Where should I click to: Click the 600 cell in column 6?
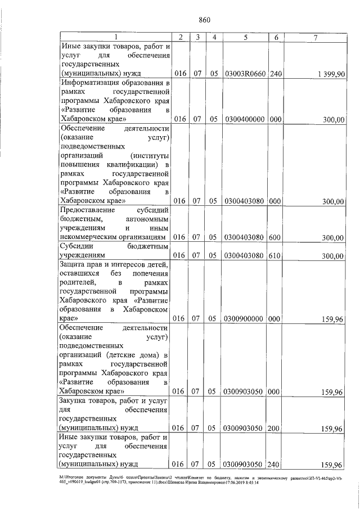pos(275,238)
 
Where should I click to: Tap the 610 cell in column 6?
pos(275,256)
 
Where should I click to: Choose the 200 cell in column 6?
pos(275,429)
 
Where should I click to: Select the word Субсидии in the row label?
pos(77,246)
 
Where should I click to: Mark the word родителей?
pos(77,282)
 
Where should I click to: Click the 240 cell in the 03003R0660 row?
pos(275,74)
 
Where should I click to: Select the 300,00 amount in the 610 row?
pos(332,256)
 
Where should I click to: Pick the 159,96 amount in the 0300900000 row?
pos(331,319)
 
